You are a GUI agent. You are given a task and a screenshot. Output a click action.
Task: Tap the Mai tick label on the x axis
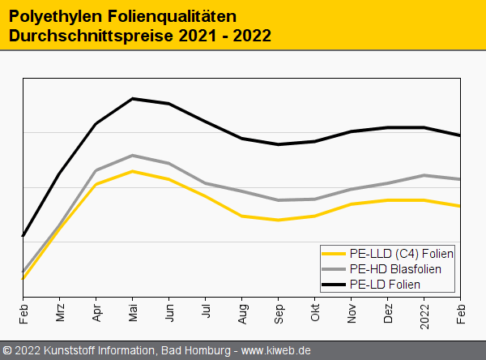pos(132,311)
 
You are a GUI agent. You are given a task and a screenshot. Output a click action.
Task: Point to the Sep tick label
pos(279,312)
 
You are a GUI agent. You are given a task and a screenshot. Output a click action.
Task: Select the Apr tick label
pos(96,311)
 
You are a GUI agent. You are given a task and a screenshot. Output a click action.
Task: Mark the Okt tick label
pos(315,311)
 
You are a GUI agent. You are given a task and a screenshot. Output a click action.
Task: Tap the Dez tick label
pos(388,312)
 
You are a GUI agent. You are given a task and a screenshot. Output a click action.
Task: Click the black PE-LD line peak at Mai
pos(132,99)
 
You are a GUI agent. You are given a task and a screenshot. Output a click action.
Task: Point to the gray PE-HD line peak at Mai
pos(132,155)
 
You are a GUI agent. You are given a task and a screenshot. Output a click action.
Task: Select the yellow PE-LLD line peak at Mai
pos(132,171)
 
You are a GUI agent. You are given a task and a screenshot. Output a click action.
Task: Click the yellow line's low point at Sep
pos(279,220)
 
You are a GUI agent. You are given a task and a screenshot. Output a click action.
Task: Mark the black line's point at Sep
pos(279,144)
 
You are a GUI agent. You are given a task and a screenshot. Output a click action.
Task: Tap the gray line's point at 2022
pos(424,175)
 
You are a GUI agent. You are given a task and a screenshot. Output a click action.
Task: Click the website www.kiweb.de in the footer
pos(275,350)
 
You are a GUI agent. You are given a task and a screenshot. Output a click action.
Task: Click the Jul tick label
pos(206,311)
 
